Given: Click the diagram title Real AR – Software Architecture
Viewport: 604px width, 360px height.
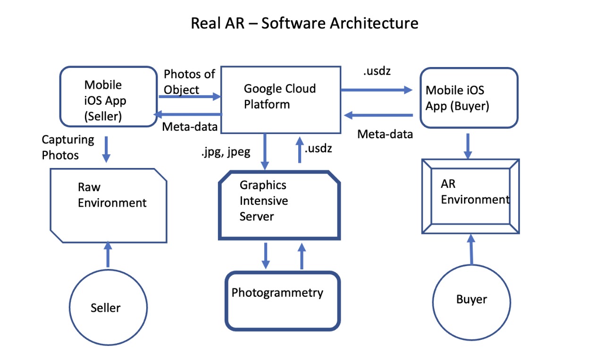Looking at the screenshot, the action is point(304,23).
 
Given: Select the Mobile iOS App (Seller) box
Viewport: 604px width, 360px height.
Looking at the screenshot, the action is point(109,97).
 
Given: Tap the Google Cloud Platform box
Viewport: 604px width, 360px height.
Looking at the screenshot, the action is point(281,100).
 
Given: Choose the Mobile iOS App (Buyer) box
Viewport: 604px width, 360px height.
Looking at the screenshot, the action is point(469,98).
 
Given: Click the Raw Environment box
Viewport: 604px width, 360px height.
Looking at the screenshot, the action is point(109,206).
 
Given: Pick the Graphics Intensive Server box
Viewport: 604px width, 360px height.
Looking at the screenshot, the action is point(279,205).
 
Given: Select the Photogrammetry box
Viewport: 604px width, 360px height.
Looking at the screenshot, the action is point(283,301).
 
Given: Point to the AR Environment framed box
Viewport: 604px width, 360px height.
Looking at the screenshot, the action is point(470,196).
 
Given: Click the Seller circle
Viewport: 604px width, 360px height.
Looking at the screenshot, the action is point(108,308).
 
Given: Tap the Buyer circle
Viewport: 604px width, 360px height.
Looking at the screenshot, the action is point(471,302).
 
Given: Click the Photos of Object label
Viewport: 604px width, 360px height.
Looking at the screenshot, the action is point(189,82).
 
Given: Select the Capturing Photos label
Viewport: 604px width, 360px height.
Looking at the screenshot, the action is point(68,147).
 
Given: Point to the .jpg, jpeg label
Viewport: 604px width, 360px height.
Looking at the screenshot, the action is point(226,152).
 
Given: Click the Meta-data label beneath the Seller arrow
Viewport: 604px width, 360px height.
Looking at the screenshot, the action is point(190,126).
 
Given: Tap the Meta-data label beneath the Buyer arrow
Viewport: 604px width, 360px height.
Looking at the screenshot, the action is point(385,134).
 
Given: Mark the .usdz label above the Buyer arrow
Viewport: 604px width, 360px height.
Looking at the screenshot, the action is point(377,71).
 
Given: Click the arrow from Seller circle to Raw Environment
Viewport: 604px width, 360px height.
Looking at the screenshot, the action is point(108,254).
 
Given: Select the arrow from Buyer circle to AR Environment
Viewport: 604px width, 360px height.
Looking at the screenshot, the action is point(471,250).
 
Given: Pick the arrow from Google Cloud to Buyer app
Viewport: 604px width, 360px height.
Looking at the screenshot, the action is point(377,90).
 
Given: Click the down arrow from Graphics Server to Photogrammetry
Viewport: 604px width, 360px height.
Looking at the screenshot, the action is point(266,256).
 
